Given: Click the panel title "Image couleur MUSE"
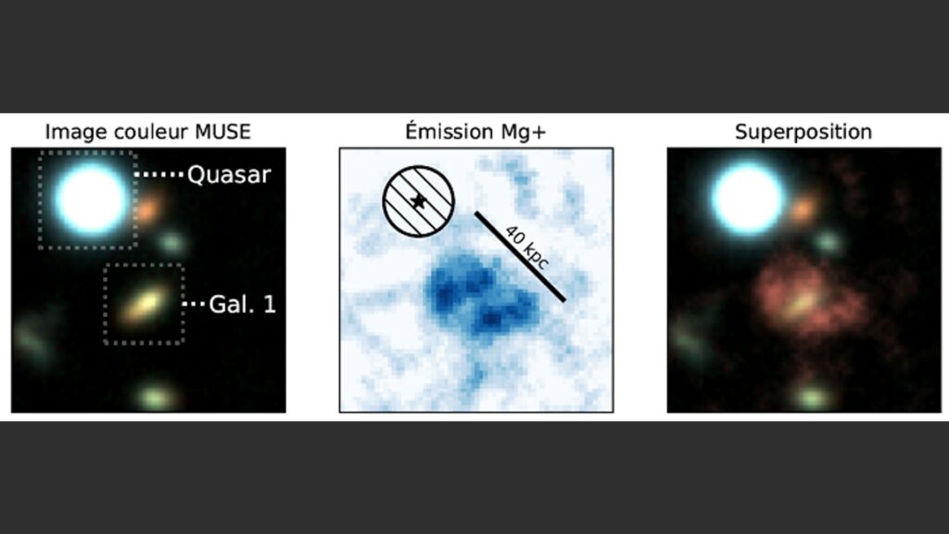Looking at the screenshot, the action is (147, 132).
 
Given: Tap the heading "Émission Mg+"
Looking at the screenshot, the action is (475, 131).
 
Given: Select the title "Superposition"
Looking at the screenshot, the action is (803, 132).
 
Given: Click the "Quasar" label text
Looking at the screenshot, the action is (229, 174).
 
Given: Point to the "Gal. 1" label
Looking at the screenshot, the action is (242, 304).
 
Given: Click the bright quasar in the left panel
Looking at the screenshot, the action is (91, 198).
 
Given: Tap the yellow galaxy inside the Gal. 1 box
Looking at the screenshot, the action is (143, 304).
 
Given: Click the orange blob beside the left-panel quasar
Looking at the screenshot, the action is (148, 210).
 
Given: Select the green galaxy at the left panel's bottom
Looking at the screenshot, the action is (156, 397).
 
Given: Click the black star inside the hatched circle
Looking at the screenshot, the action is (418, 201).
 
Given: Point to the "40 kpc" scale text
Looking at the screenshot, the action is (526, 248).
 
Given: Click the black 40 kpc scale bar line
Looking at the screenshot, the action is (520, 256).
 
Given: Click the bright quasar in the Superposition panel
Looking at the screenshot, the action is (748, 198).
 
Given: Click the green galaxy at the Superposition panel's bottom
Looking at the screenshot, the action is (812, 398).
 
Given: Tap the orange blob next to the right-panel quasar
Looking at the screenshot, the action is (803, 210).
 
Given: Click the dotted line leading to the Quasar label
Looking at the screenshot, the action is (158, 174).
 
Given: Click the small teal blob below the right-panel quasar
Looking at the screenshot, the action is (828, 242).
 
